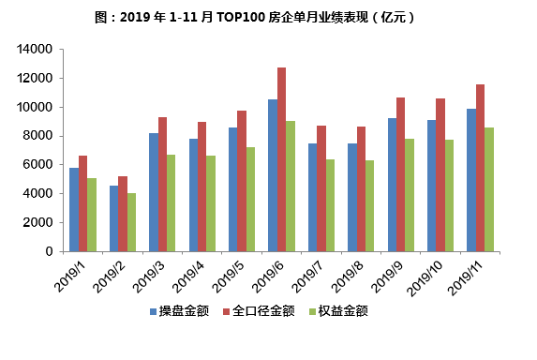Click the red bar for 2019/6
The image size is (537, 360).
coord(281,159)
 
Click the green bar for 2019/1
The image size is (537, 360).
coord(92,215)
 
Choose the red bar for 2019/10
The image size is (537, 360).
coord(440,174)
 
